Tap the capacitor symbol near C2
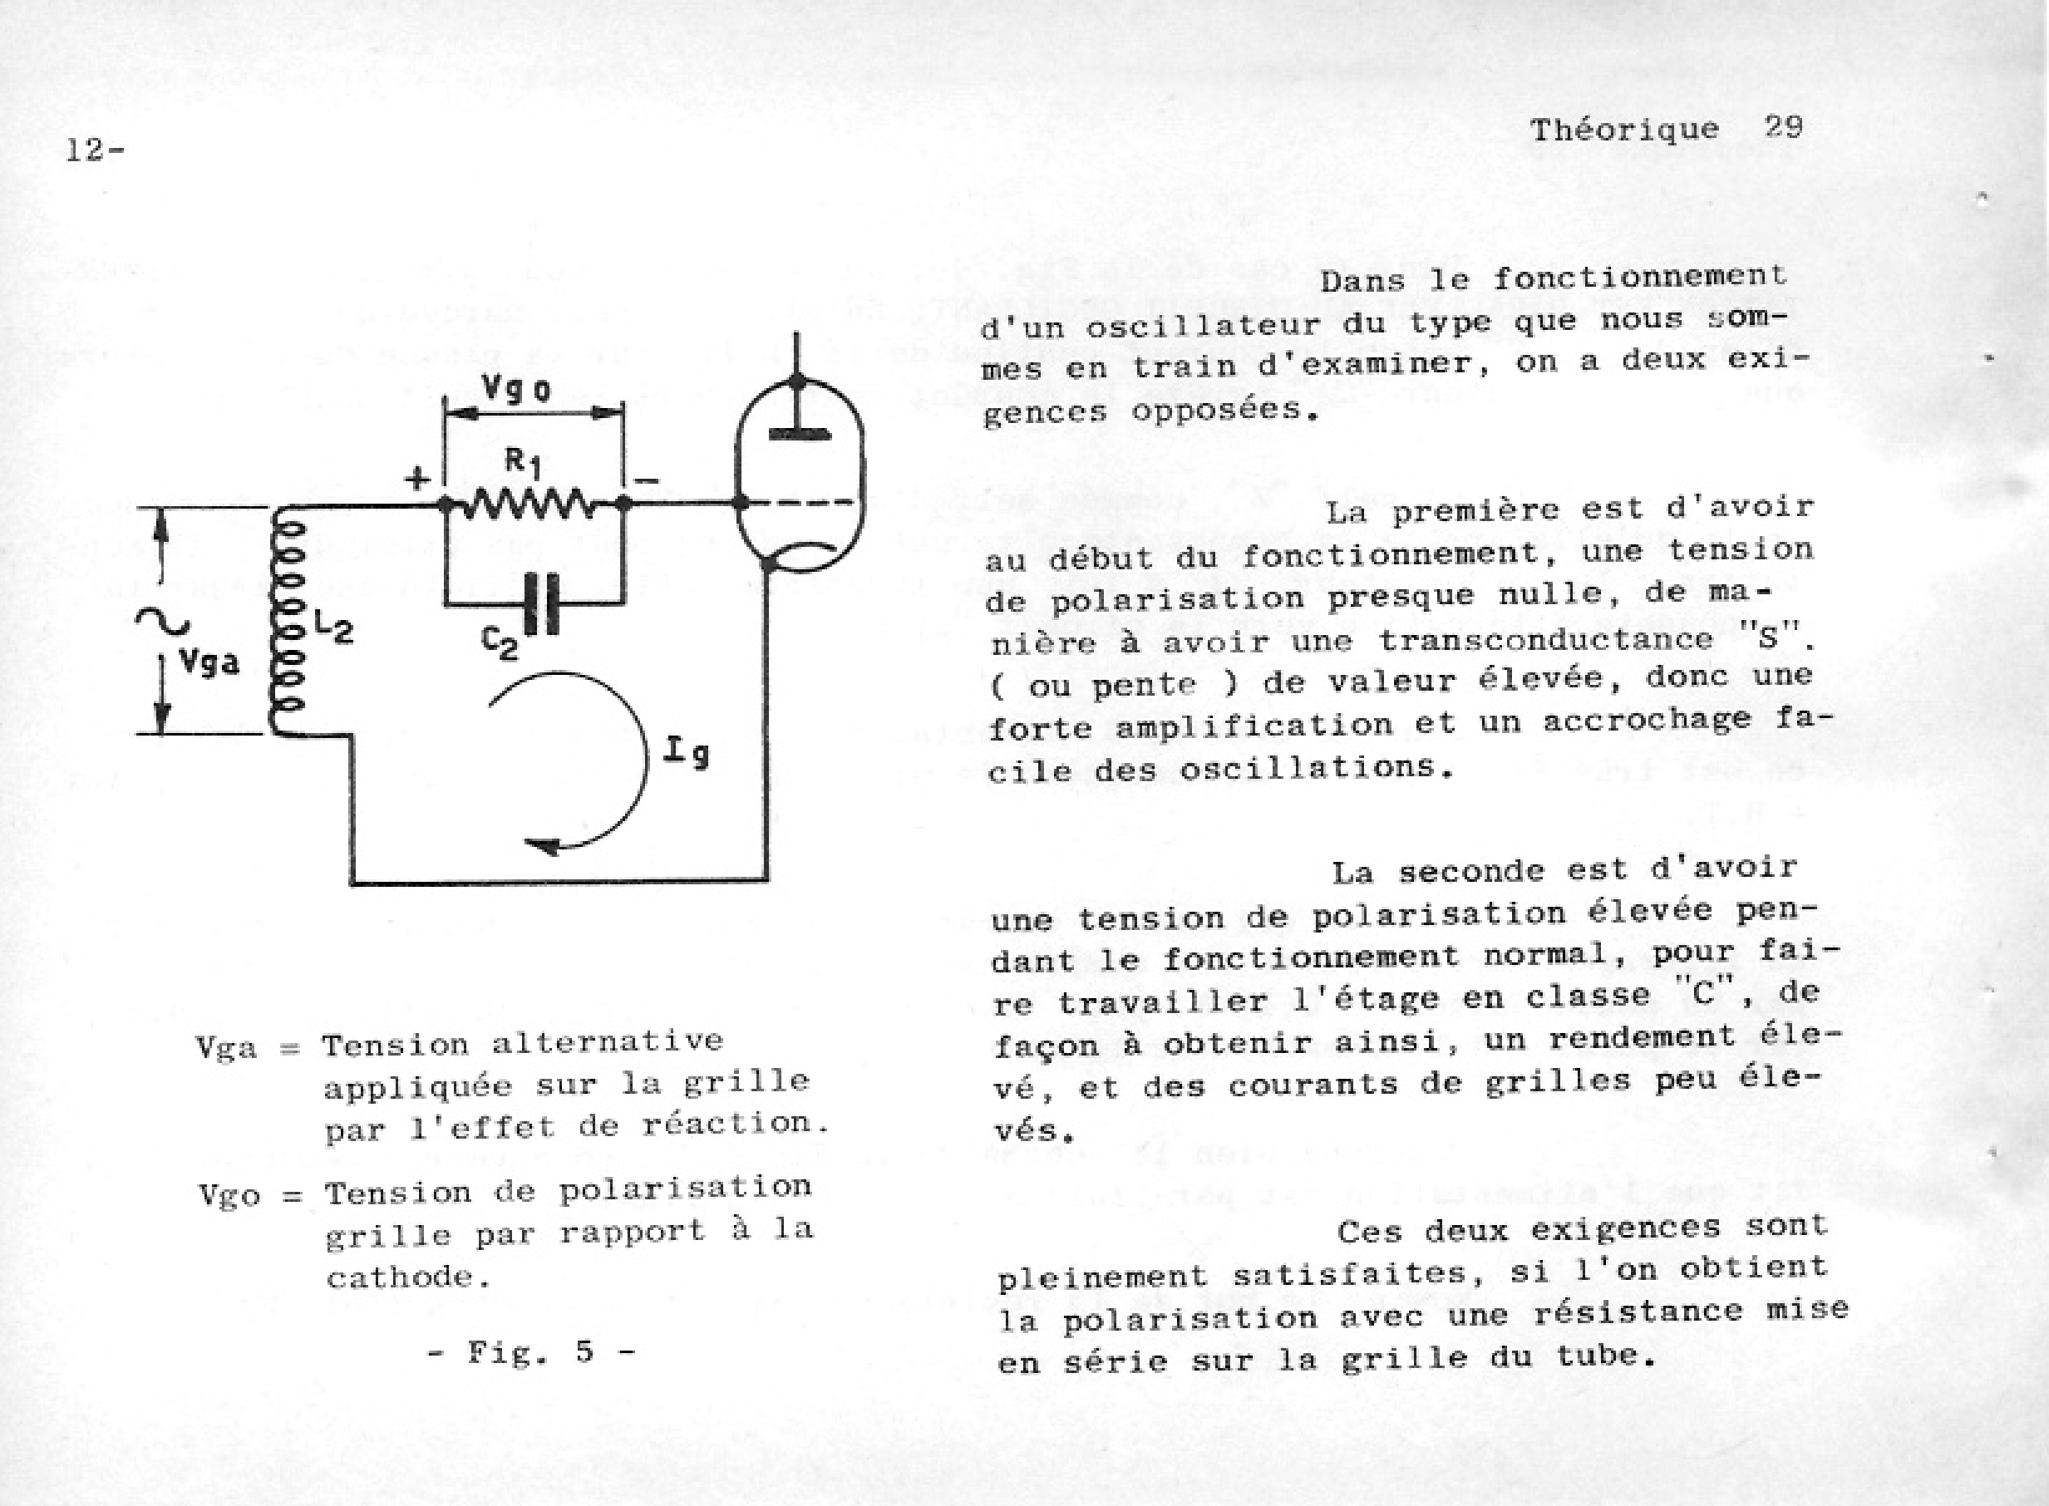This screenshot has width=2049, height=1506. point(544,603)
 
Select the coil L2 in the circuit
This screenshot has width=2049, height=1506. point(286,620)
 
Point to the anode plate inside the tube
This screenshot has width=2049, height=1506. point(799,433)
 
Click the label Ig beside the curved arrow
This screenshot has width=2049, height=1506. point(687,752)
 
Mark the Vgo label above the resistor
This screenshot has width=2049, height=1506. point(516,389)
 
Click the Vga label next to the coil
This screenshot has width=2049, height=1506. point(209,662)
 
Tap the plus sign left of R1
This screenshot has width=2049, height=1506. point(417,479)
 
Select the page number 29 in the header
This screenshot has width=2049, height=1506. point(1783,125)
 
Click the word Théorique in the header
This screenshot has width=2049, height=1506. point(1624,130)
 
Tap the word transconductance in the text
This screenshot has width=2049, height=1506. point(1545,640)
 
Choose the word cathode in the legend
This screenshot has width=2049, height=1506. point(401,1277)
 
